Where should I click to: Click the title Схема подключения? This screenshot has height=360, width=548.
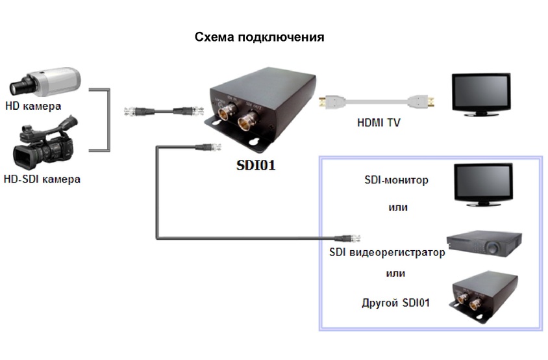(259, 37)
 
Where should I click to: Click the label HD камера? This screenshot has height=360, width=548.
(33, 105)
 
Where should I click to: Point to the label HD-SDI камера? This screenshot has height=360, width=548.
(42, 178)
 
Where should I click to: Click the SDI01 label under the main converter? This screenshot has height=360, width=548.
(255, 165)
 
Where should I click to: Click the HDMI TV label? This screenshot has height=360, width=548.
(379, 122)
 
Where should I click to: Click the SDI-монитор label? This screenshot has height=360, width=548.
(396, 180)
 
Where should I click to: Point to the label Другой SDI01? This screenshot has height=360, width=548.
(395, 303)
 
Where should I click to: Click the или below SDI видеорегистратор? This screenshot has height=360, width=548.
(395, 273)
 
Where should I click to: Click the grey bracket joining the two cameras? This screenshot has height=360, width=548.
(101, 120)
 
